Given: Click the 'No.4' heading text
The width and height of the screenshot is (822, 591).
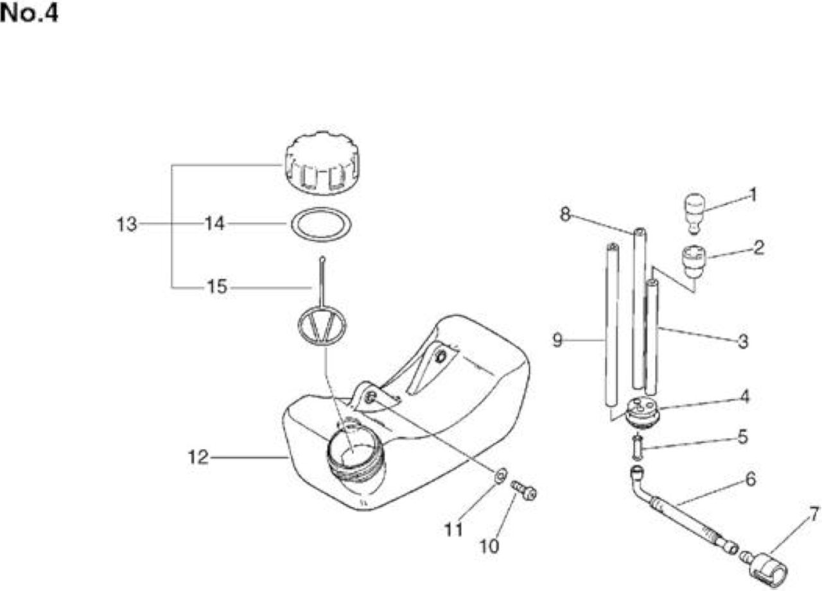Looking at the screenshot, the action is pos(29,13).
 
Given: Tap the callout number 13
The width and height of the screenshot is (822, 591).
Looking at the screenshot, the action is pos(127,224).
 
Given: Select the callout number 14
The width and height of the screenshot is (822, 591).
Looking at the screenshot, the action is pos(214,223).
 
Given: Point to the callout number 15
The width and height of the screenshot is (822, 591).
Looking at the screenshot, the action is pos(217,287).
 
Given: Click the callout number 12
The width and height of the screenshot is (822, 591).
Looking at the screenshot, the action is pos(198,457).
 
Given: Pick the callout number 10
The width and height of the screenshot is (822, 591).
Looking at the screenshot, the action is pos(489,546).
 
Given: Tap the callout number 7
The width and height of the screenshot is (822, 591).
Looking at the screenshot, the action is pos(814,515).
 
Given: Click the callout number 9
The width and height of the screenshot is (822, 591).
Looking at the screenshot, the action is pos(557,340).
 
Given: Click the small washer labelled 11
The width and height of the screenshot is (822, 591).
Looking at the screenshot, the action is pos(500,476).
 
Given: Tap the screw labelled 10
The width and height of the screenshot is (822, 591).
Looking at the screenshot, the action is pos(524,490).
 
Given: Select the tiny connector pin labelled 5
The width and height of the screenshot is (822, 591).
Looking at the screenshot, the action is pos(638,446).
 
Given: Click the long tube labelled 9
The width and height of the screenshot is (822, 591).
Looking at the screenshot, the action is pos(612,324).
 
